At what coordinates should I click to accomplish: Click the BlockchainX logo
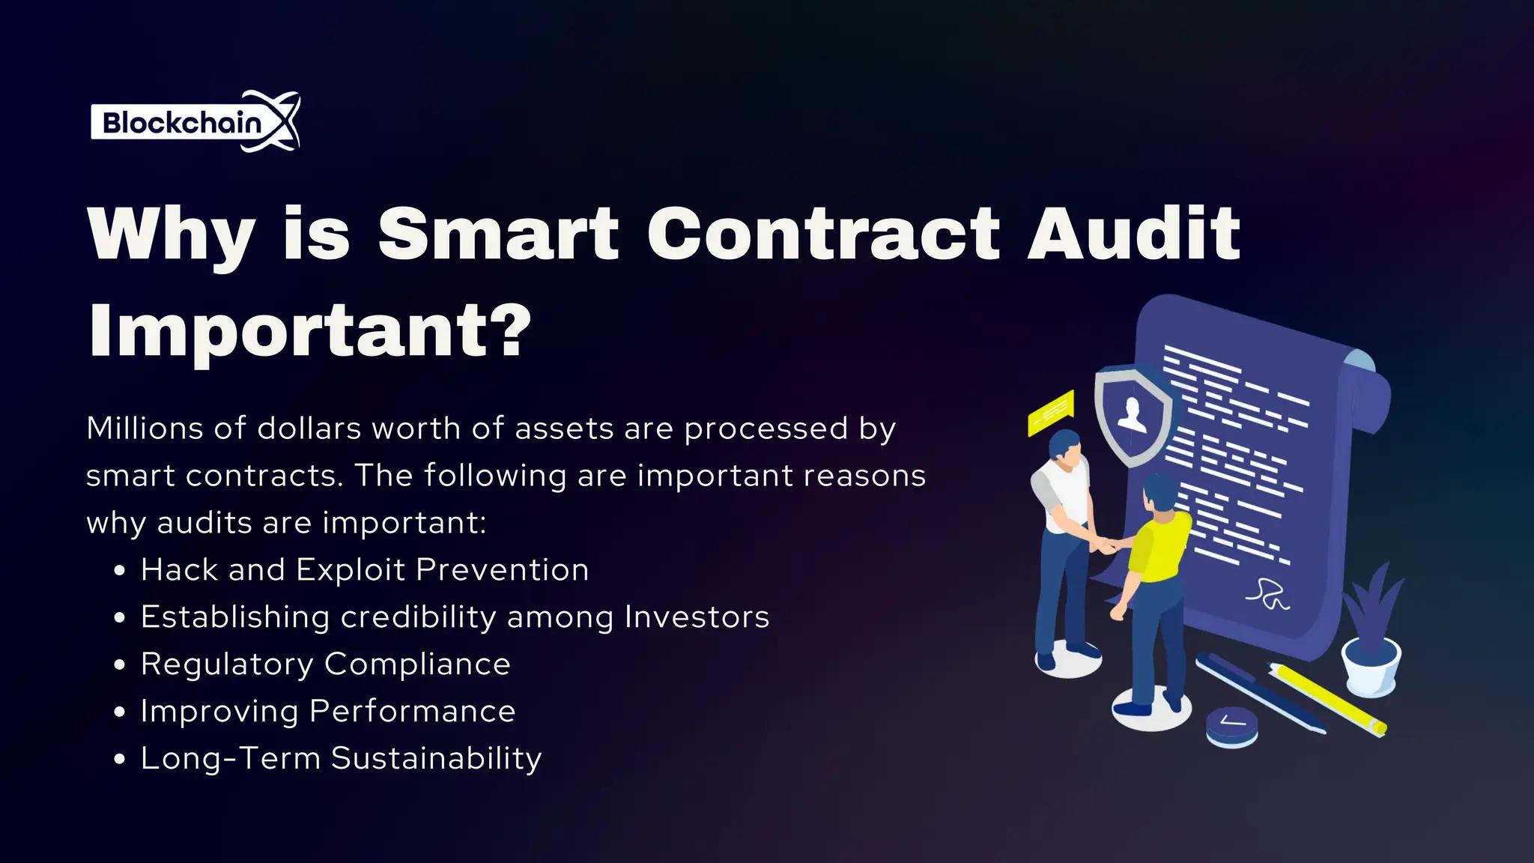coord(195,121)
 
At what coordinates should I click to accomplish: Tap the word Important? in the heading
coord(309,330)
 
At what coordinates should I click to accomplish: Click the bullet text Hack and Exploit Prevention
coord(364,570)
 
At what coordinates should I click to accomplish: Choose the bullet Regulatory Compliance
coord(325,664)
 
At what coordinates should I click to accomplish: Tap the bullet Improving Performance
coord(327,712)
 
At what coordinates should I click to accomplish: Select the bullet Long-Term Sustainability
coord(341,758)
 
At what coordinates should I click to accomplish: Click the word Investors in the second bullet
coord(697,617)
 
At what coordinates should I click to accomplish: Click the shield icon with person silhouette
coord(1132,414)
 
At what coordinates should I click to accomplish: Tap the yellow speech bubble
coord(1051,412)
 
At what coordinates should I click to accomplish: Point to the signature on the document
coord(1267,594)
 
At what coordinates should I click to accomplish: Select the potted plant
coord(1372,637)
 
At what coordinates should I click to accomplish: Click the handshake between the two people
coord(1106,544)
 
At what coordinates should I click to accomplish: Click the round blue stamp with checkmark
coord(1231,724)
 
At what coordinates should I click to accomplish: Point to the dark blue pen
coord(1258,693)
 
